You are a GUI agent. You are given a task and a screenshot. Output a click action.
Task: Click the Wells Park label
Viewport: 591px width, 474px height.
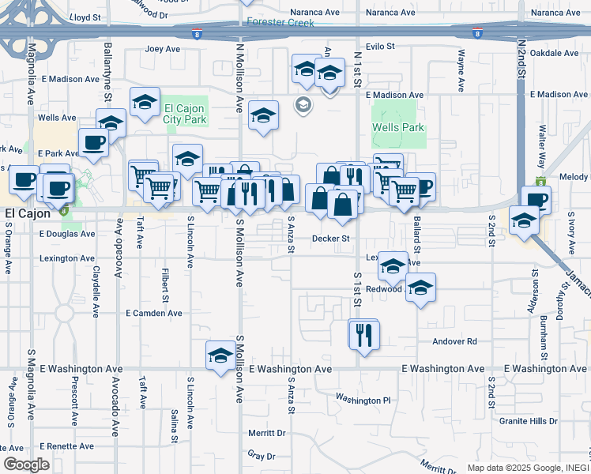point(398,127)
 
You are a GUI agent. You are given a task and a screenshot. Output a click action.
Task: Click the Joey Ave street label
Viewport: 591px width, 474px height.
point(164,49)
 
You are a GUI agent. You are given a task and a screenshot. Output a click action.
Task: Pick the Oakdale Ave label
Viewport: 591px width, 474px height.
point(555,53)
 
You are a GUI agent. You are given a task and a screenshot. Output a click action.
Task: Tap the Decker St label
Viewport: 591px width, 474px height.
point(331,238)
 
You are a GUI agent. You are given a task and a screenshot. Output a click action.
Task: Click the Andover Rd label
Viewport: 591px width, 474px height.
point(455,341)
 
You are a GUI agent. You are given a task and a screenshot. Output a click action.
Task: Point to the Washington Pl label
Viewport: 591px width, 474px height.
point(363,400)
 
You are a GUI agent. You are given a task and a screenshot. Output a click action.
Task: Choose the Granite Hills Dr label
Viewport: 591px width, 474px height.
point(529,421)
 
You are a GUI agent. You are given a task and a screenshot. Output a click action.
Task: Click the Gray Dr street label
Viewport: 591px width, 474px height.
point(262,456)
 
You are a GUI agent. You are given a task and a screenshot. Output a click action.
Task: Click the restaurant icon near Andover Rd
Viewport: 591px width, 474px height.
point(363,335)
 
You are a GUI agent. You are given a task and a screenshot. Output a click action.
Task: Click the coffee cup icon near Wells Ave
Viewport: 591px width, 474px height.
point(93,142)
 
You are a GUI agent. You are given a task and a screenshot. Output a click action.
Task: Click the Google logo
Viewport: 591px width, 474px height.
point(26,464)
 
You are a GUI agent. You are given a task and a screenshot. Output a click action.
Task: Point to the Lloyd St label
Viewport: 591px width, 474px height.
point(85,16)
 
